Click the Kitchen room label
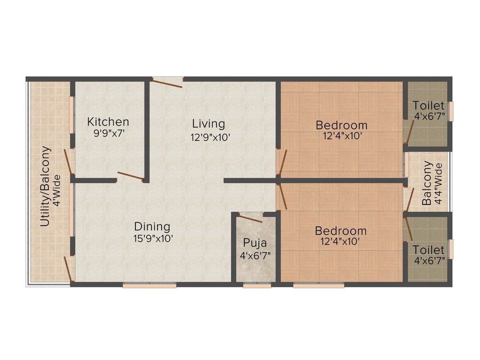108,122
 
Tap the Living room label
209,124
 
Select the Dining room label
152,226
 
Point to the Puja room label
255,243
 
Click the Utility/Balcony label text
45,187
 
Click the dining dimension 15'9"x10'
153,238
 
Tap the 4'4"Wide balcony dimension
438,184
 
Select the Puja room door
250,217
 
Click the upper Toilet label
428,105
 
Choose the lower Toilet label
428,250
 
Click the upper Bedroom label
341,125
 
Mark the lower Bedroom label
341,231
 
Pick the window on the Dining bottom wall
150,284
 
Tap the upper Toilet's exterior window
451,111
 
